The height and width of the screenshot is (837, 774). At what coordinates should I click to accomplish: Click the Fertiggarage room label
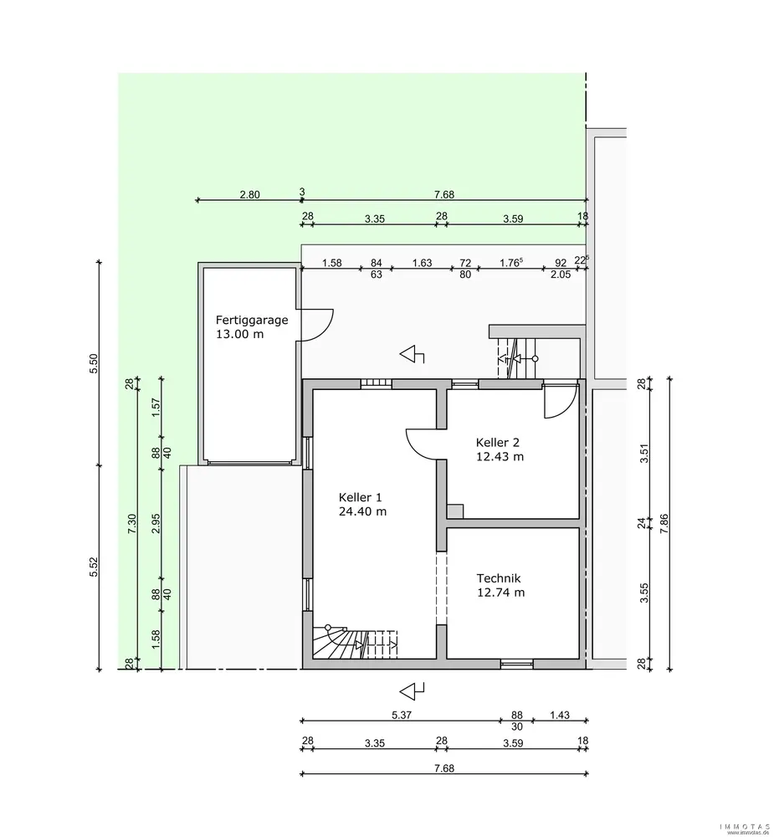coord(251,321)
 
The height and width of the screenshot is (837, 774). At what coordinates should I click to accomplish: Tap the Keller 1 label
coord(361,497)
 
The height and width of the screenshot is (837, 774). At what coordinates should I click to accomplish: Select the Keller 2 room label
coord(498,443)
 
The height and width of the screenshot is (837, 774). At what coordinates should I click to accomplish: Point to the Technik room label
coord(499,578)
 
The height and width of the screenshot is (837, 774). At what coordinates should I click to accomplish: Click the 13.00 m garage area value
coord(239,335)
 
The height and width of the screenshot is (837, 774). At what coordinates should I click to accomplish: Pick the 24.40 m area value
coord(362,511)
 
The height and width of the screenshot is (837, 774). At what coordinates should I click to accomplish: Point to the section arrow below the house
coord(412,691)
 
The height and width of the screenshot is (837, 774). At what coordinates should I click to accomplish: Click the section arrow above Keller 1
coord(412,354)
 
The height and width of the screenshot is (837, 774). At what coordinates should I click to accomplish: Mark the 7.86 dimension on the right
coord(664,524)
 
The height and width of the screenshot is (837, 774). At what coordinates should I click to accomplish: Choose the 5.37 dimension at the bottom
coord(402,716)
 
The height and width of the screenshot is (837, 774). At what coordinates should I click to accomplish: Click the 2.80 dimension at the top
coord(249,195)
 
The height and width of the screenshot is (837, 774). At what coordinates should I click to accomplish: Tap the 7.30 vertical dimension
coord(132,524)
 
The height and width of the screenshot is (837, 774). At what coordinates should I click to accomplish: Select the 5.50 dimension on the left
coord(94,363)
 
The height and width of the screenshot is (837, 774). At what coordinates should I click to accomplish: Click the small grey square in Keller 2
coord(455,511)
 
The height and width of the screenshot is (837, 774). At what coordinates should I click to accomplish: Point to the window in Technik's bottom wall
coord(516,664)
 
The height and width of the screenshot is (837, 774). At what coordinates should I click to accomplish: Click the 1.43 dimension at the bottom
coord(560,716)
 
